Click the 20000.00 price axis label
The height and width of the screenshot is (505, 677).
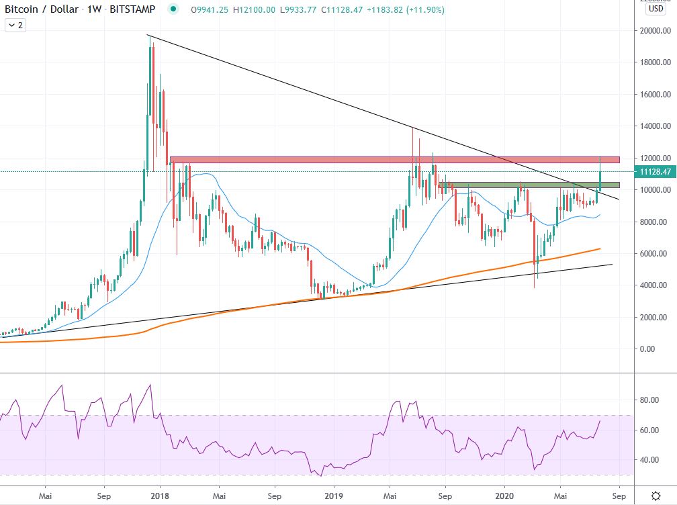click(656, 31)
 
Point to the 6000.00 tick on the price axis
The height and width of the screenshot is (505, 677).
click(656, 254)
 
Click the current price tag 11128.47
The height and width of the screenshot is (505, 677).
click(656, 172)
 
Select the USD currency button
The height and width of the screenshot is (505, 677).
click(656, 9)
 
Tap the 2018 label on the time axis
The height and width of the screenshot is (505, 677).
click(160, 497)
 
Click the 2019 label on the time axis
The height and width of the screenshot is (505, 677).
click(333, 497)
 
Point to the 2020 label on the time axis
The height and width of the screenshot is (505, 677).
click(504, 497)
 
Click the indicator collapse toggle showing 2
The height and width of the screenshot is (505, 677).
click(15, 25)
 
